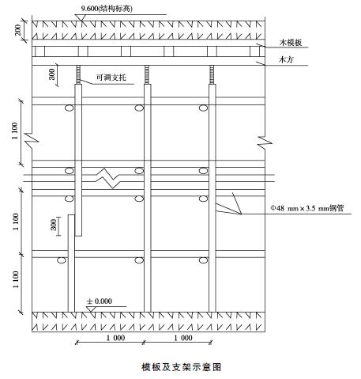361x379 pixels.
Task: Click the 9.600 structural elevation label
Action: click(107, 9)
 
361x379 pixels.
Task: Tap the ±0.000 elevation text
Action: click(100, 301)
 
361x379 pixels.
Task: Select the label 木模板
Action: click(291, 43)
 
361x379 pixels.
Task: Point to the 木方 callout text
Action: click(286, 59)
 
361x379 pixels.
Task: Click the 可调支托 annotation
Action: click(111, 78)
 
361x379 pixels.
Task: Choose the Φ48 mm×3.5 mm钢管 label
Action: click(307, 208)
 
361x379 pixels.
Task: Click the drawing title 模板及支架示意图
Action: click(181, 367)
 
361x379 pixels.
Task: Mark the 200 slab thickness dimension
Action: click(17, 30)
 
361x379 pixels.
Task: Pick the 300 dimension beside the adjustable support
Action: click(51, 74)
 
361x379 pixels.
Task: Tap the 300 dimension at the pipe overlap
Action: click(54, 225)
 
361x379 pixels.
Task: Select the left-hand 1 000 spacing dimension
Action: click(115, 338)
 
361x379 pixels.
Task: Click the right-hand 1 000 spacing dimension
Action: click(183, 338)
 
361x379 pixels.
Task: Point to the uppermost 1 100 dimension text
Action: click(15, 131)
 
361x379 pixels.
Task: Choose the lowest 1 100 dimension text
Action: click(16, 279)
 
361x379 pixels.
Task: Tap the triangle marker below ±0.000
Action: click(92, 309)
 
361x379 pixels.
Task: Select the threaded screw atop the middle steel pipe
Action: click(147, 74)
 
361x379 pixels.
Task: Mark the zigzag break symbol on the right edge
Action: click(265, 141)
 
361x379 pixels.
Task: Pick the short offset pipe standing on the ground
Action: click(71, 263)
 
